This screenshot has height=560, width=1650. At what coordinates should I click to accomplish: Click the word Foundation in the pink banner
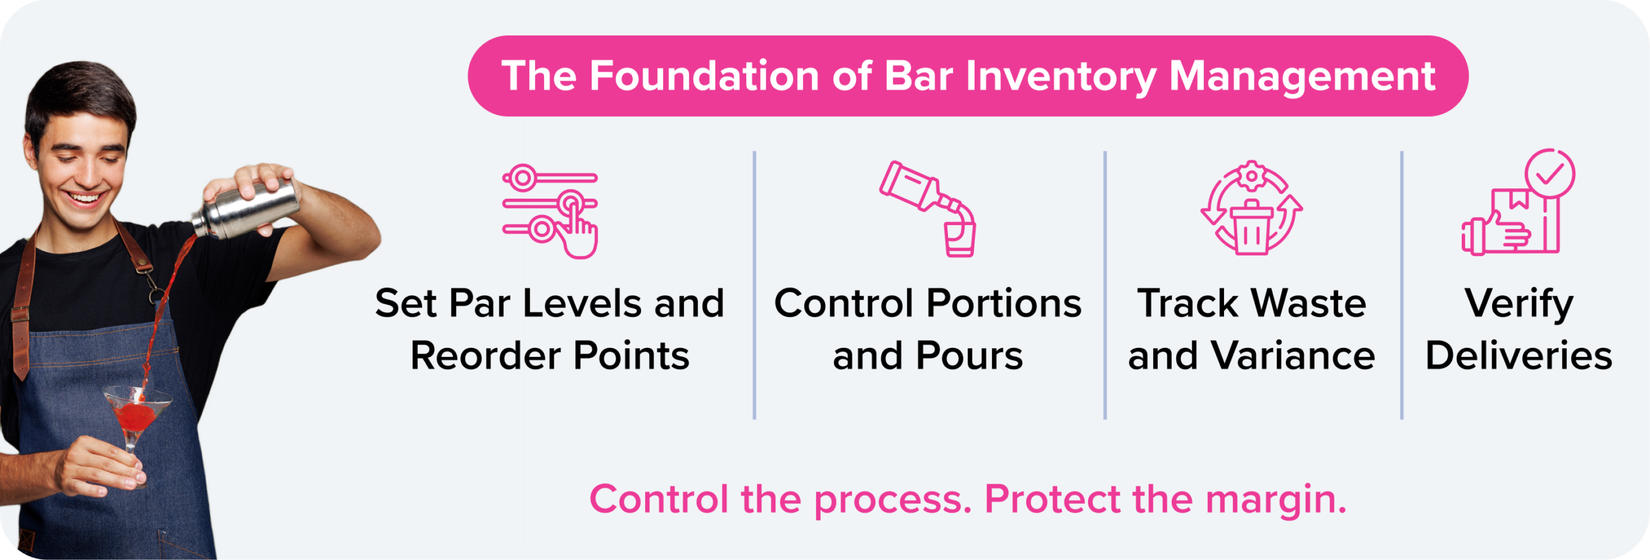point(704,76)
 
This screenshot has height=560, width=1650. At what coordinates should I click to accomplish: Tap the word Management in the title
point(1302,76)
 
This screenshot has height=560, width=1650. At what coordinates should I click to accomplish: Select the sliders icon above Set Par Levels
point(550,210)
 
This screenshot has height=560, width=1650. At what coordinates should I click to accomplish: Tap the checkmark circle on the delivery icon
point(1549,173)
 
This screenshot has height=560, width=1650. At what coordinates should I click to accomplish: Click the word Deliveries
point(1519,355)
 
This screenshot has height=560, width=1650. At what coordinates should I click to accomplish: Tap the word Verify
point(1519,303)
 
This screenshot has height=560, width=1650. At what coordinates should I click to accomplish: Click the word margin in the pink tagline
point(1276,499)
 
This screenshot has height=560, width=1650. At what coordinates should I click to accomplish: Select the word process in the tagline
point(893,499)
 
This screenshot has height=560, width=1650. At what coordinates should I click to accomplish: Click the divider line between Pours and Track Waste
point(1105,284)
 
